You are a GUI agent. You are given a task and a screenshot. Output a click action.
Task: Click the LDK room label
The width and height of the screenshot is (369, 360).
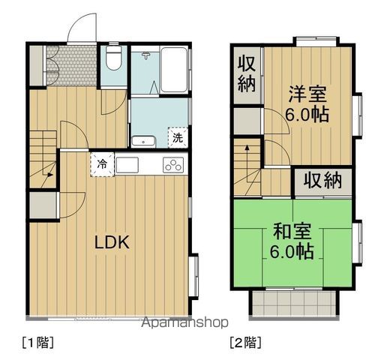[113, 242]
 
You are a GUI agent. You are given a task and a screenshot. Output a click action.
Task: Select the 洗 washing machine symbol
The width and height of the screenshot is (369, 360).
[178, 138]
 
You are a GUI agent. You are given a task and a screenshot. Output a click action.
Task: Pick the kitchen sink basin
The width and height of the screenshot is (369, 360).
[126, 166]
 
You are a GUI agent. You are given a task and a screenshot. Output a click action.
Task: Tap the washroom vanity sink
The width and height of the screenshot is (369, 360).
[142, 140]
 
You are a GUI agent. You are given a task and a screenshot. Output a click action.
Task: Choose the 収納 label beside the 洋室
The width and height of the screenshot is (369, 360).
[245, 72]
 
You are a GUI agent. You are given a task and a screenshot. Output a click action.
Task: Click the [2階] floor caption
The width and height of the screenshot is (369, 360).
[245, 343]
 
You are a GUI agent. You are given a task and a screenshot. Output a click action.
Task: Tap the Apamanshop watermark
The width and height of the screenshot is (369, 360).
[184, 323]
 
